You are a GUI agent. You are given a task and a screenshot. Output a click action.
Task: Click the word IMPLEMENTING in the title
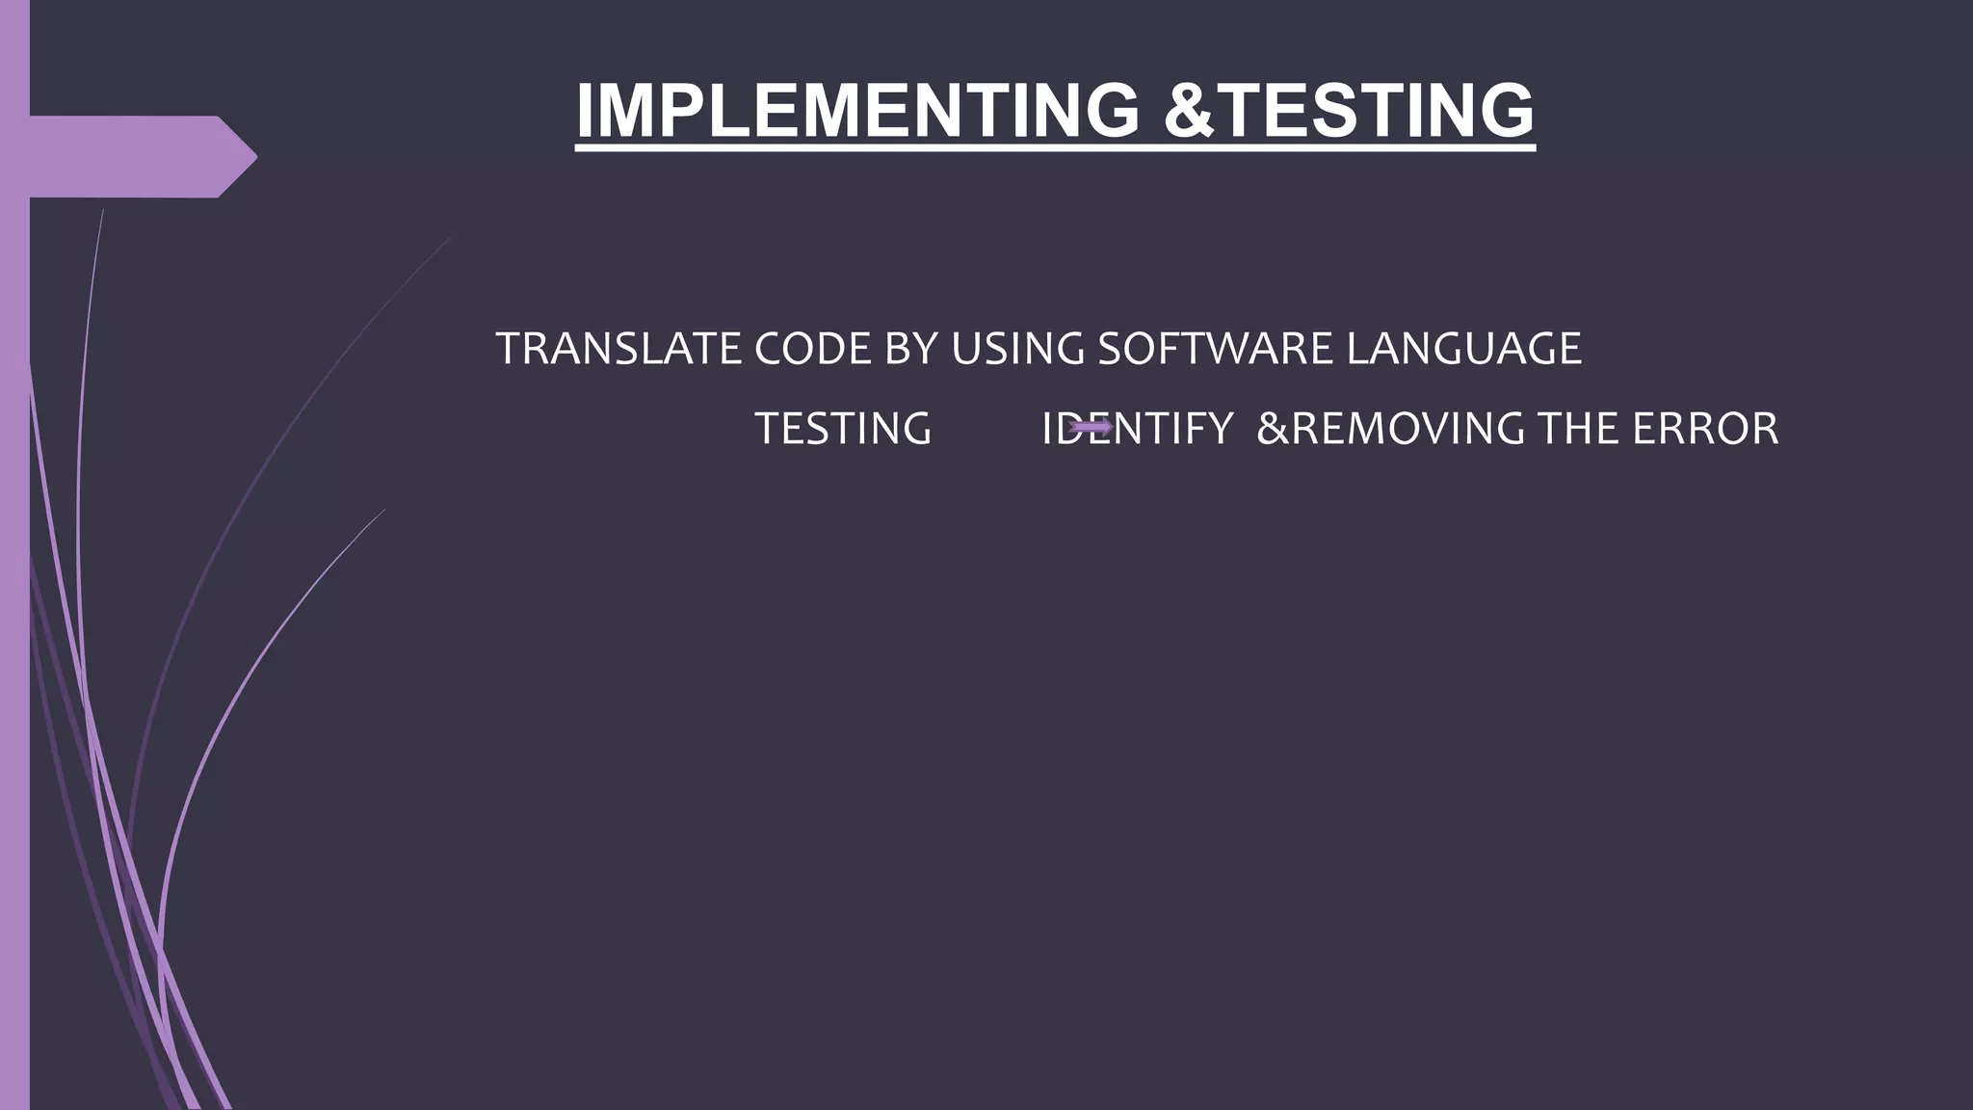856,110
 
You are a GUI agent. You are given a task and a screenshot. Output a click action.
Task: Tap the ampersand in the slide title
1192,110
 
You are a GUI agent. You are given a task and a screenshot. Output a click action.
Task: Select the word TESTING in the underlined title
1380,110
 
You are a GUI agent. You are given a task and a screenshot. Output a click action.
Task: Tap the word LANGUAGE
1463,349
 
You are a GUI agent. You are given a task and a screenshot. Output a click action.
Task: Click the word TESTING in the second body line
843,429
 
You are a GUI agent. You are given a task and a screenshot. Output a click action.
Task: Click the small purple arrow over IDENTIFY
1091,427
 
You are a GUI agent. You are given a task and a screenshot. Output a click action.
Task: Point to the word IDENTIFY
1137,429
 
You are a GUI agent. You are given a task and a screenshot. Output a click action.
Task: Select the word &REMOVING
1390,429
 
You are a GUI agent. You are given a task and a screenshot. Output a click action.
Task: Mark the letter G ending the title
1499,110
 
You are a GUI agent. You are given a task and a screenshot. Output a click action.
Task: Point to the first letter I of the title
586,110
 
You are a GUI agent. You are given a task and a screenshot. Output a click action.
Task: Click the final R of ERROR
1763,429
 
